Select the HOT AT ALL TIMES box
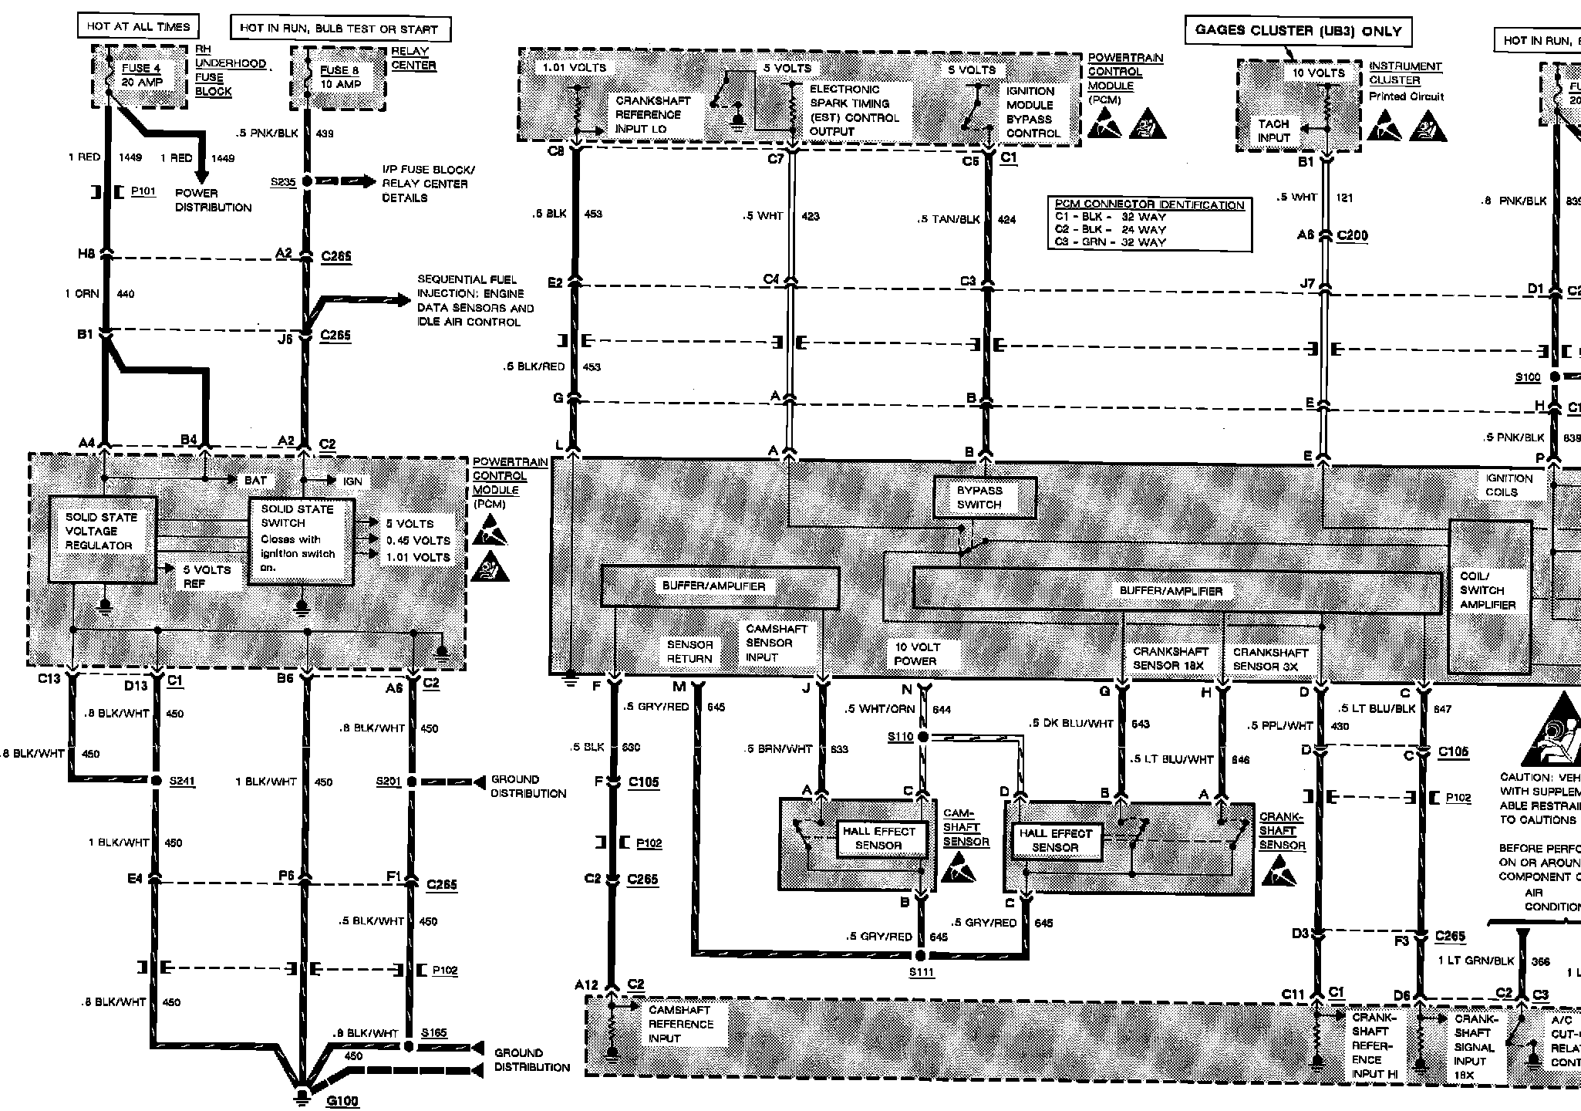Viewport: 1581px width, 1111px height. (x=138, y=26)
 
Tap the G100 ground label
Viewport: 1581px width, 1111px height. (x=342, y=1101)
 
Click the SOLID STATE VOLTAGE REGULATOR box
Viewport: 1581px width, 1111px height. (x=102, y=539)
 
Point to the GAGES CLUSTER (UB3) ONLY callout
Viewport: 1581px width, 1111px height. (x=1297, y=31)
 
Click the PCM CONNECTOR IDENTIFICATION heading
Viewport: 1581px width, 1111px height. (x=1149, y=204)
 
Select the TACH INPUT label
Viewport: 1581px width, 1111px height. (x=1273, y=130)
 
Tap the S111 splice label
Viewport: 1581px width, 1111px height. (x=922, y=972)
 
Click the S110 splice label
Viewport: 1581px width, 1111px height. (x=900, y=737)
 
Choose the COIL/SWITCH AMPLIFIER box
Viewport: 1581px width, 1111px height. (x=1489, y=590)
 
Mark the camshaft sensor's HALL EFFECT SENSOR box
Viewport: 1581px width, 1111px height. (x=878, y=839)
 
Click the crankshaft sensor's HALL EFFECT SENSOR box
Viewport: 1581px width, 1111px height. (x=1055, y=840)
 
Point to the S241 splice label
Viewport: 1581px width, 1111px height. (x=182, y=781)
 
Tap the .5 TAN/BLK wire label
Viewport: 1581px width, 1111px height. (x=949, y=219)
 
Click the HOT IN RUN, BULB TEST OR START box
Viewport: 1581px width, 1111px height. (x=339, y=29)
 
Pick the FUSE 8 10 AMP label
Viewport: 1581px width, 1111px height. (x=339, y=77)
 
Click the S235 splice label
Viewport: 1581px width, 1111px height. (x=283, y=182)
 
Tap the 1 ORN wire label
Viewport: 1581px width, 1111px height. (x=83, y=293)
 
